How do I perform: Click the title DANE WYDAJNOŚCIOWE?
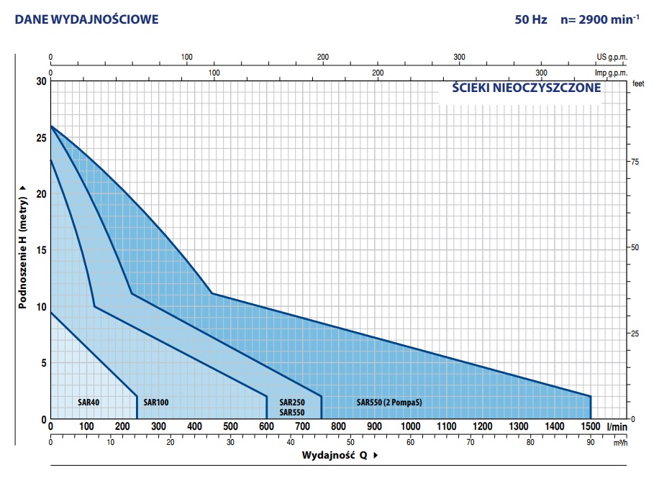coord(86,19)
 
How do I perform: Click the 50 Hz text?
coord(531,19)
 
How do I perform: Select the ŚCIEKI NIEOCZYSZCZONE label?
coord(526,88)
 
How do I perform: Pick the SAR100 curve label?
coord(155,403)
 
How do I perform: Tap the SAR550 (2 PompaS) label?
coord(389,403)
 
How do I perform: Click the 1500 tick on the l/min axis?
coord(591,427)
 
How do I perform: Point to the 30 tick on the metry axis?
coord(40,81)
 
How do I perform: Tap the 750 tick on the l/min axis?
coord(321,427)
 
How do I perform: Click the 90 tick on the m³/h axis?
coord(591,441)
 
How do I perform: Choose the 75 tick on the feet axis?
coord(635,162)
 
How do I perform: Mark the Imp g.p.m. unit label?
coord(610,73)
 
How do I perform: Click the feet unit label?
coord(637,83)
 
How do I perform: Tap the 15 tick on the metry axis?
coord(40,250)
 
